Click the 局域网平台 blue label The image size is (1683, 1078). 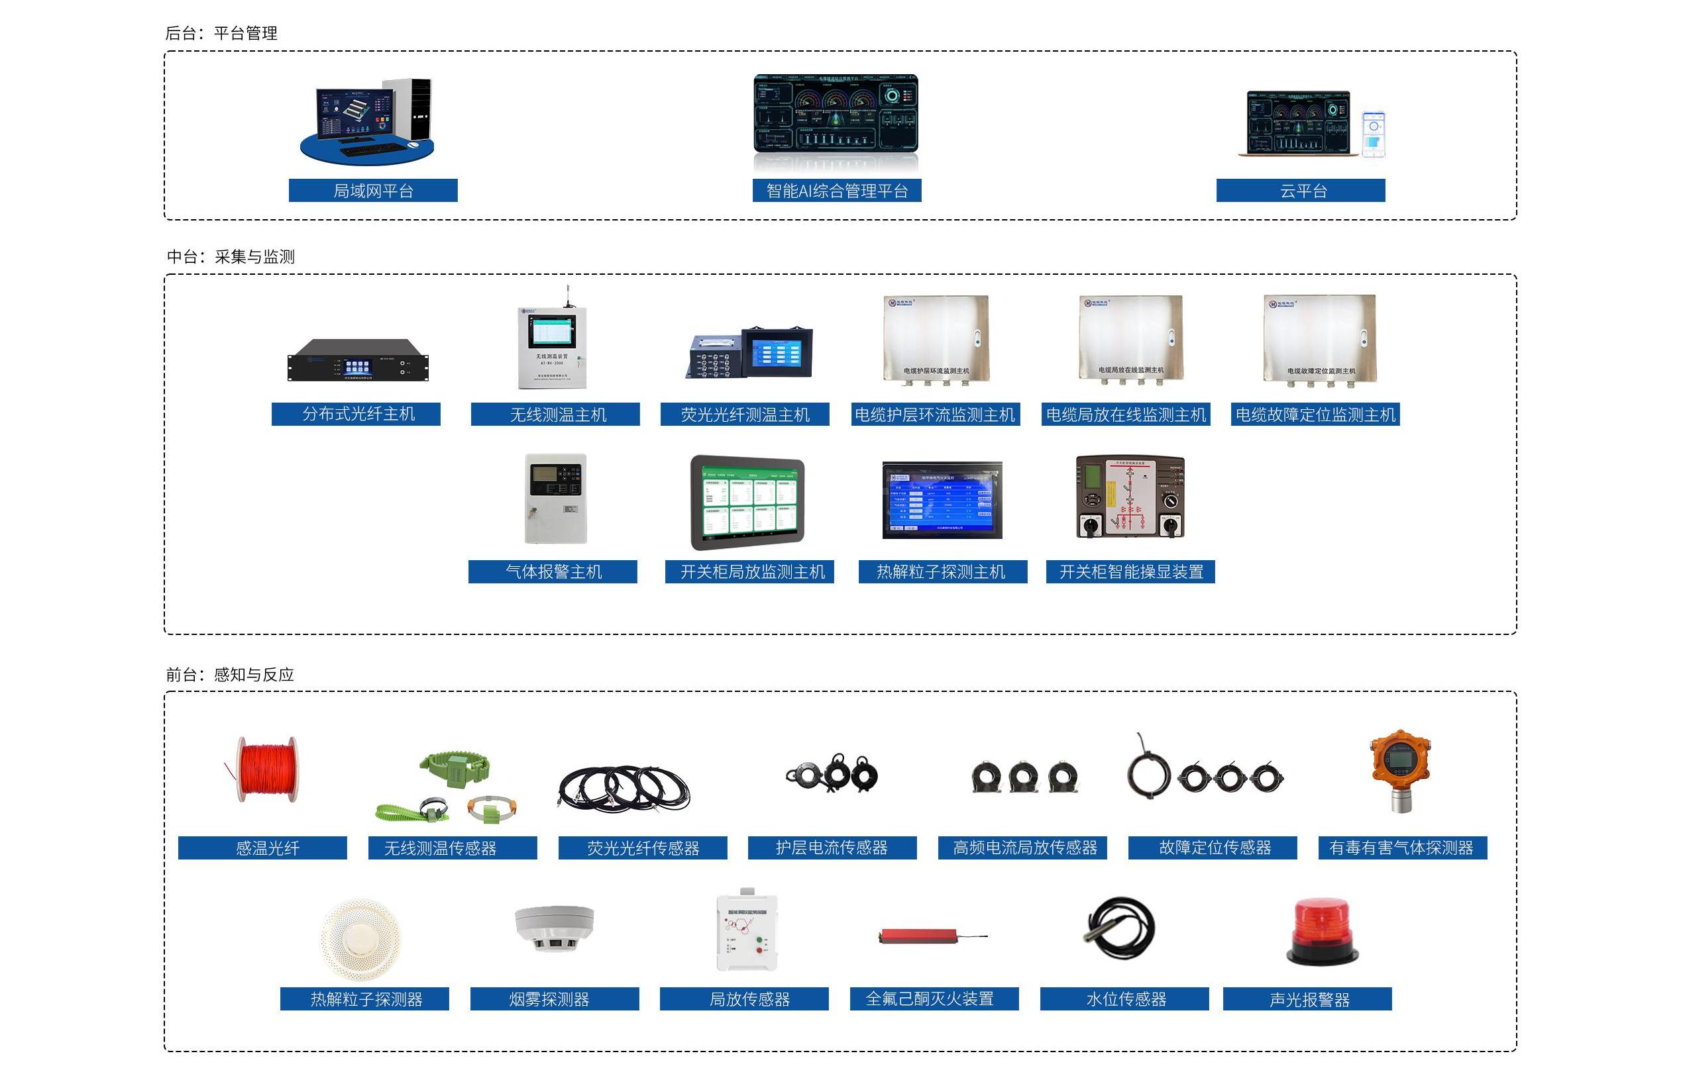tap(372, 191)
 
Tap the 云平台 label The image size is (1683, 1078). tap(1300, 191)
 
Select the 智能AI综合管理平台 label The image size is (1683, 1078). tap(836, 191)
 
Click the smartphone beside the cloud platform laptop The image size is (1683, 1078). tap(1373, 134)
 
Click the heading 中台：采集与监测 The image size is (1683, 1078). tap(231, 257)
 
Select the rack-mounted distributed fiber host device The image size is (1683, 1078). tap(357, 360)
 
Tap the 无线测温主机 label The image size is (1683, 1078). tap(555, 415)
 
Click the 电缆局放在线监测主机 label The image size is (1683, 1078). tap(1126, 415)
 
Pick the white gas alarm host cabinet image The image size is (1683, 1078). tap(555, 499)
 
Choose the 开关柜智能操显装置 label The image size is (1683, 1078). tap(1130, 572)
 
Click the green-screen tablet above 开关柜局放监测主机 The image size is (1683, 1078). tap(747, 502)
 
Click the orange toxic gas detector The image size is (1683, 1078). tap(1401, 770)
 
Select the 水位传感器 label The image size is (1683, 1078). tap(1124, 999)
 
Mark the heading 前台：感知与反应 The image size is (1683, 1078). tap(230, 675)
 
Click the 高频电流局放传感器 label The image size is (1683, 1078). tap(1022, 848)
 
